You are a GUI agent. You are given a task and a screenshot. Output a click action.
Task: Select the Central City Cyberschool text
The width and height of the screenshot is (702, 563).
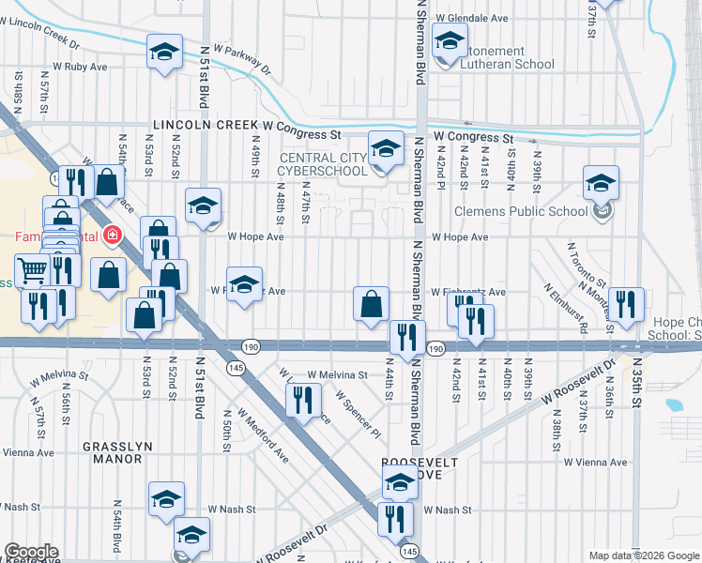tap(325, 164)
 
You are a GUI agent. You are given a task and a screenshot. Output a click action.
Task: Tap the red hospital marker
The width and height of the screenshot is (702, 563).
tap(113, 235)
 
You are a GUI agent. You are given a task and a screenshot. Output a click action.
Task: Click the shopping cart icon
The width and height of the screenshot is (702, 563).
tap(33, 271)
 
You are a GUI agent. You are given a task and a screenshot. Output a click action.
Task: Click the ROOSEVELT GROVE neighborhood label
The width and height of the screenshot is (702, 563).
tap(420, 470)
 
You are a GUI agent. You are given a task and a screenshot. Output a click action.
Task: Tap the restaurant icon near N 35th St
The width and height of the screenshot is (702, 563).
tap(625, 304)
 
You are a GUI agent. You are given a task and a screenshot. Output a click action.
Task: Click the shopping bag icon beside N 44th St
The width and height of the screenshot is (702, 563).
tap(372, 303)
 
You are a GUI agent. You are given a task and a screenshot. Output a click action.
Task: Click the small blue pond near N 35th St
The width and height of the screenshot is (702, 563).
tap(673, 406)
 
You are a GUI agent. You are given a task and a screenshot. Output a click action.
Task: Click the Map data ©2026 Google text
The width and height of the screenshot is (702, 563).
tap(644, 555)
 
